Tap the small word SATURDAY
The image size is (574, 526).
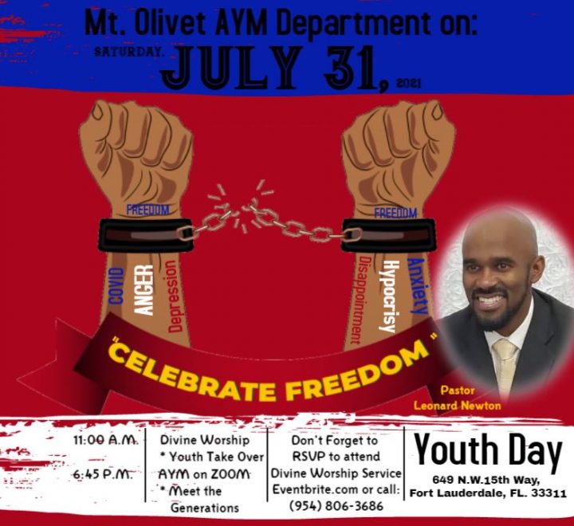pos(128,53)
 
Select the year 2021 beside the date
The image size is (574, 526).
pos(408,84)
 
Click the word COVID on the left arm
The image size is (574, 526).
pos(116,285)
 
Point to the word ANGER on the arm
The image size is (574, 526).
pos(143,290)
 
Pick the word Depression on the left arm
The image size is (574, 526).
pos(175,296)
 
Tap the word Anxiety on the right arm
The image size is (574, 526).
pos(417,286)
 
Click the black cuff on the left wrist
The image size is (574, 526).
pos(145,234)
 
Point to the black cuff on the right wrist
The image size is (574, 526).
pos(388,234)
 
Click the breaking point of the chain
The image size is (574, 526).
pos(240,209)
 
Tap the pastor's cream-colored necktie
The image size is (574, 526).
pos(505,366)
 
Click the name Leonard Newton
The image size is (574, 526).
pos(458,406)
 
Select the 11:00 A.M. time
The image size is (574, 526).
pos(105,439)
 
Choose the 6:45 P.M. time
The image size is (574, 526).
pos(103,475)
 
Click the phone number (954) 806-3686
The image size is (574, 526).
pos(336,506)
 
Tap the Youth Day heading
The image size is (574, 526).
pos(488,450)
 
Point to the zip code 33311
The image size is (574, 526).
pos(548,493)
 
